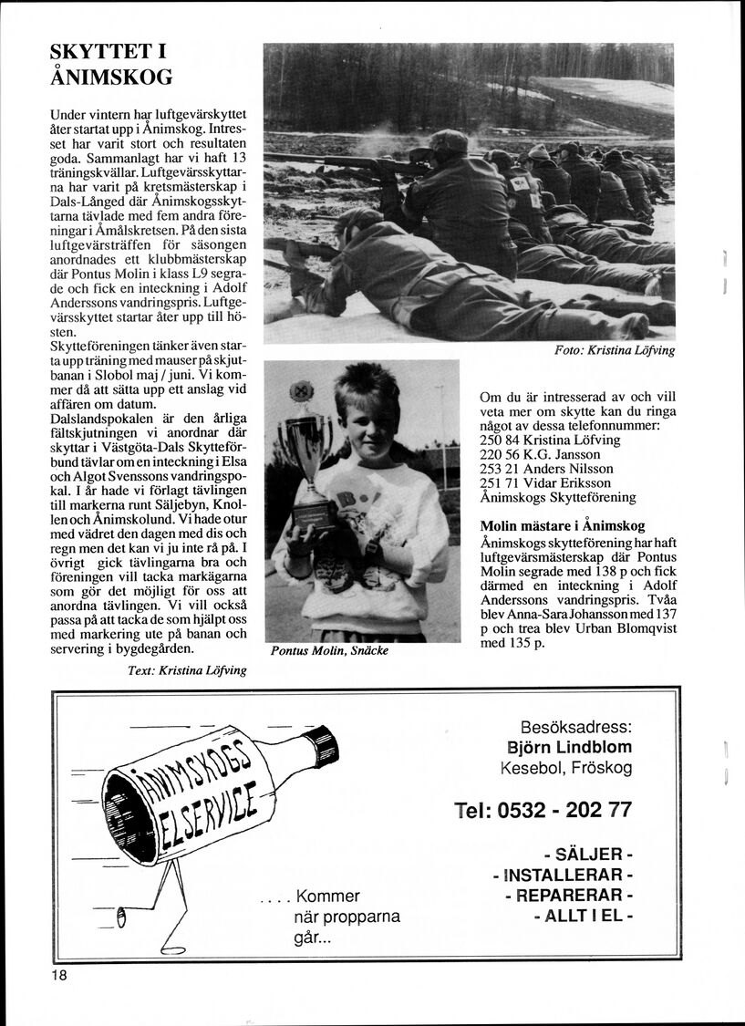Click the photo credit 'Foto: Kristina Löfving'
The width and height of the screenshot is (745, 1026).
click(615, 350)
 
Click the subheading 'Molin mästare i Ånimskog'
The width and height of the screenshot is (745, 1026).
click(563, 525)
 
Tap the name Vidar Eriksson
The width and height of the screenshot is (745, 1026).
click(568, 482)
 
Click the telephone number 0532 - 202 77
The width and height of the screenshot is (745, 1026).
click(542, 810)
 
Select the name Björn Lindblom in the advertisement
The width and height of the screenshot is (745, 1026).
click(569, 747)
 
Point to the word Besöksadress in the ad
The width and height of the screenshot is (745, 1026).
click(575, 727)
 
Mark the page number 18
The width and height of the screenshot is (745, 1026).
click(60, 975)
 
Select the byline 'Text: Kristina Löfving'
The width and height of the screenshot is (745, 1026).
click(187, 670)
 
